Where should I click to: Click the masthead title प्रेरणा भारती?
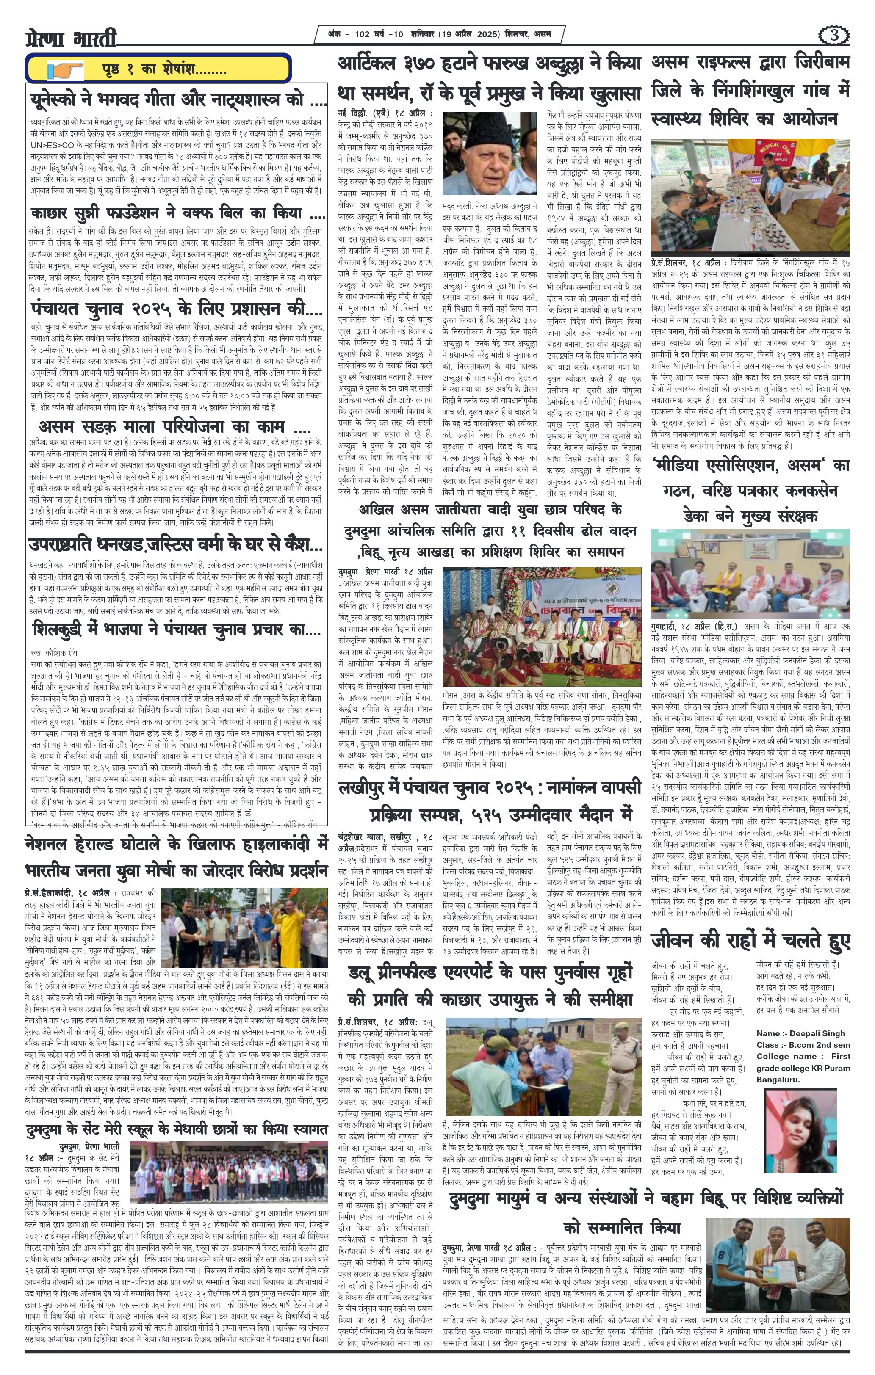point(72,38)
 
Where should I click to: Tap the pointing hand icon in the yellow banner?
point(65,71)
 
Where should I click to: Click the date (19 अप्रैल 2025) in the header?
point(470,35)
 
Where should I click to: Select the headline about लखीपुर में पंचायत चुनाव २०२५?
point(490,798)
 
